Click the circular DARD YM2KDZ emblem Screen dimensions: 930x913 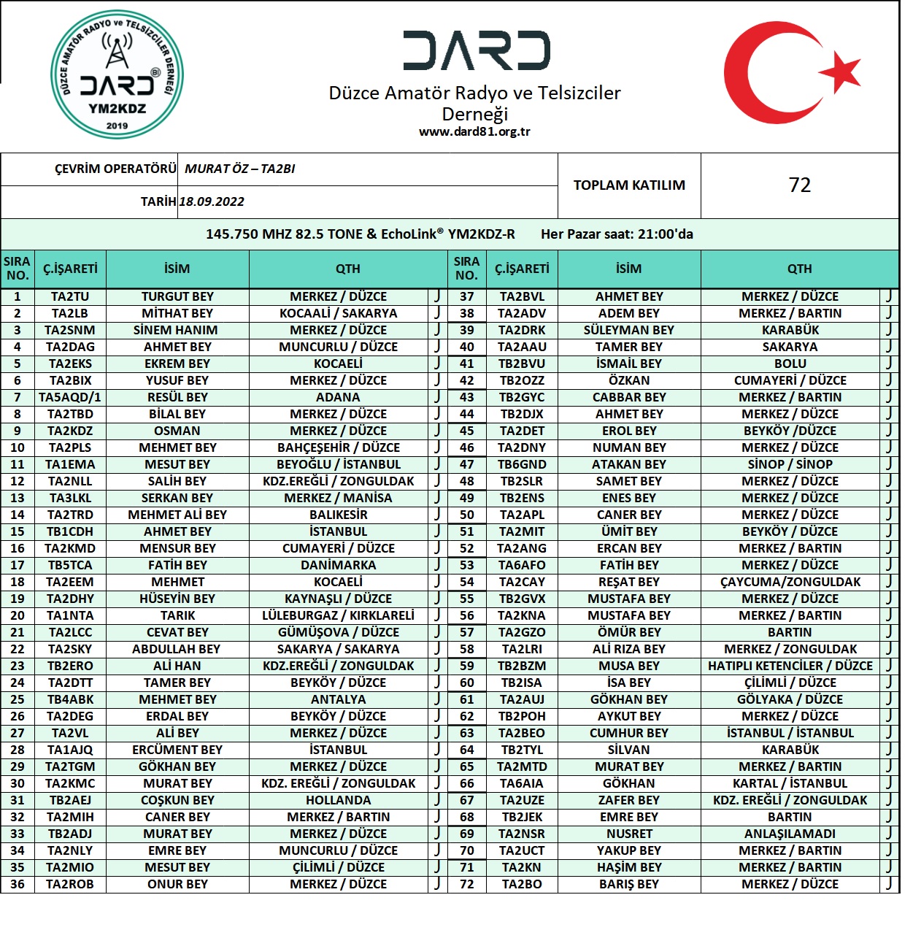(x=117, y=75)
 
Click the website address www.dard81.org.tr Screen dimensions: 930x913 (x=474, y=132)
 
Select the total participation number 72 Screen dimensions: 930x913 (x=799, y=185)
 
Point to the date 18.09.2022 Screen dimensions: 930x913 (x=212, y=202)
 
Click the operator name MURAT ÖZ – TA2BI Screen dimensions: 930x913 (x=240, y=169)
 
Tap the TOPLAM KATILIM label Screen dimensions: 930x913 (x=629, y=185)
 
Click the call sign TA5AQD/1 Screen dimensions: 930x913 (x=70, y=398)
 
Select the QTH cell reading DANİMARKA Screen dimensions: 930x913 (x=338, y=566)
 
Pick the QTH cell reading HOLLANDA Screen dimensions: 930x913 (x=338, y=801)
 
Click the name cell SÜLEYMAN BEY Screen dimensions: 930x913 (x=629, y=331)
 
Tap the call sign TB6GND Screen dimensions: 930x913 (x=522, y=465)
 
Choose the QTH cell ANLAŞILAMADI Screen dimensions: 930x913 (x=790, y=834)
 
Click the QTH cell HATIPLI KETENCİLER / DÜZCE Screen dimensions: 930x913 (x=790, y=666)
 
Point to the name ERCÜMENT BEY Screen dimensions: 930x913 (x=177, y=750)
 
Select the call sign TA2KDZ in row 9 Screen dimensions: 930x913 (x=70, y=431)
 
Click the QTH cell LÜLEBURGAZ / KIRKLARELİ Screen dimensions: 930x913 (x=338, y=616)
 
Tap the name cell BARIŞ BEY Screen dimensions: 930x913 (x=629, y=885)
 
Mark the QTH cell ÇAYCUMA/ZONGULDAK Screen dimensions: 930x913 (x=790, y=583)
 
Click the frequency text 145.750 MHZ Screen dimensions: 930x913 (x=248, y=234)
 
